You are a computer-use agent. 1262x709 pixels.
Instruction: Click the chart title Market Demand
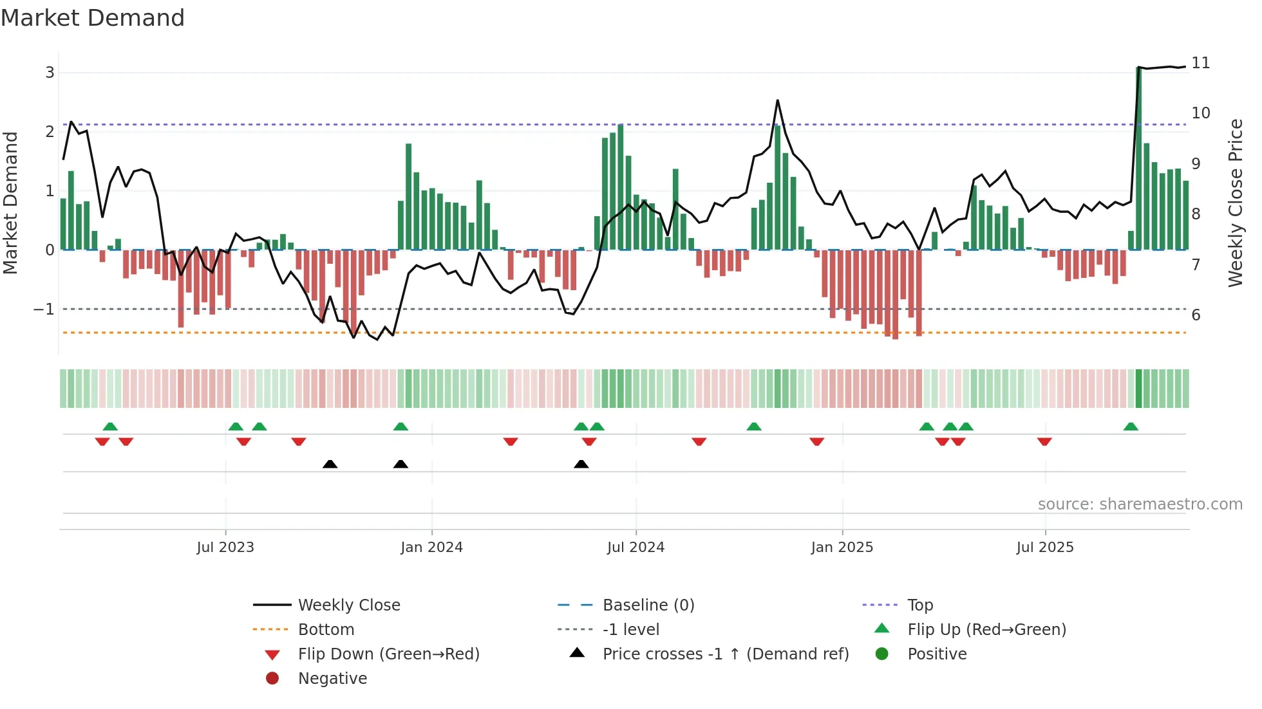(x=93, y=18)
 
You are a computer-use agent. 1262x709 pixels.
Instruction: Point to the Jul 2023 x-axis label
(x=225, y=548)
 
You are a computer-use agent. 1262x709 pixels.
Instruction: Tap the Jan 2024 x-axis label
(x=431, y=548)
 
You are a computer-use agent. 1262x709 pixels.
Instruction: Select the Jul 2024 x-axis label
(x=636, y=548)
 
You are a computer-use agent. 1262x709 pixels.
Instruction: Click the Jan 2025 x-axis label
(x=842, y=548)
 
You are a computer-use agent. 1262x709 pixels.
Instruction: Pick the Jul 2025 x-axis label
(x=1045, y=548)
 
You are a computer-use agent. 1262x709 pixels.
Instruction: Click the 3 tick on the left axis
(x=50, y=73)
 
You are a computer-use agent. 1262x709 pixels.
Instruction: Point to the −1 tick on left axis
(x=44, y=309)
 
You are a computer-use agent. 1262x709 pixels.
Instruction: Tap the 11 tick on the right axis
(x=1200, y=63)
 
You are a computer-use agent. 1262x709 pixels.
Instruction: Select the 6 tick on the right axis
(x=1196, y=315)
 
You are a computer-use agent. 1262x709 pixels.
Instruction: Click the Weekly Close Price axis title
(x=1235, y=203)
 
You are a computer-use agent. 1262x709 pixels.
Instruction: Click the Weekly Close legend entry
(x=348, y=605)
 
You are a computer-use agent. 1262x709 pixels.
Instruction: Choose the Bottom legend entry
(x=326, y=630)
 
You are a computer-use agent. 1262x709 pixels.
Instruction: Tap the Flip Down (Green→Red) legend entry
(x=388, y=654)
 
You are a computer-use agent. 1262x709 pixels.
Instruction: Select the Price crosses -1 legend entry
(x=725, y=654)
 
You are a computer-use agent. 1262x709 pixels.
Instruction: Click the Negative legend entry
(x=332, y=679)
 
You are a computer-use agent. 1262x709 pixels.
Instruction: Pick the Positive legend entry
(x=937, y=654)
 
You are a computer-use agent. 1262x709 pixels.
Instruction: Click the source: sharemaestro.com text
(x=1140, y=504)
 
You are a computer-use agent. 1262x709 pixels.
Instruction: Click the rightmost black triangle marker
(x=581, y=465)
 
